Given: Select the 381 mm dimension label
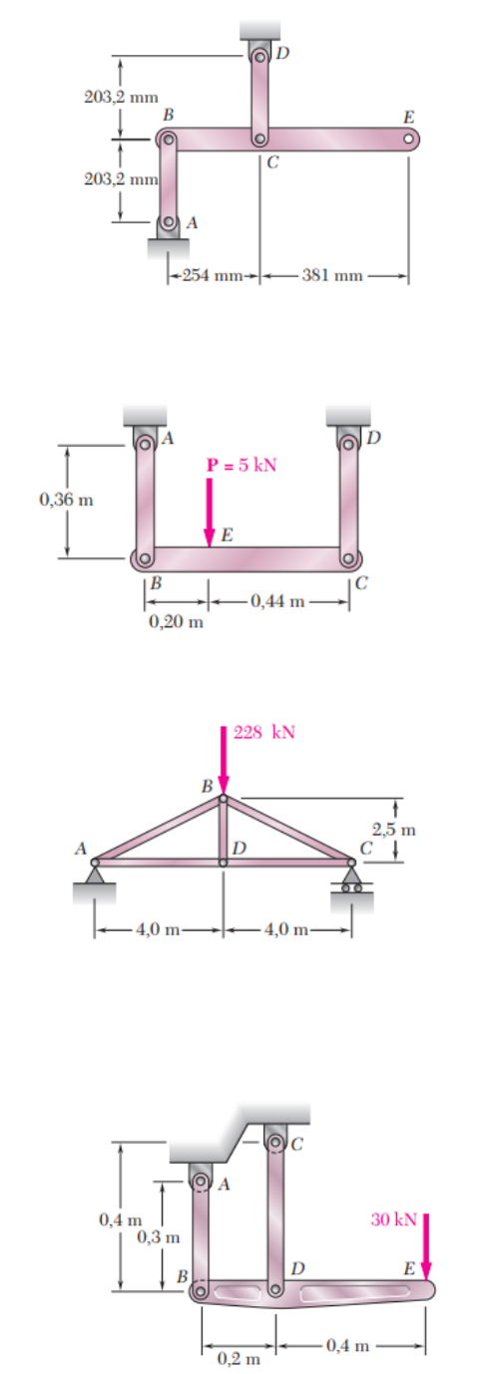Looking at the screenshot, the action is [332, 275].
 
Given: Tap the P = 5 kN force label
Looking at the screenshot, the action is [242, 465].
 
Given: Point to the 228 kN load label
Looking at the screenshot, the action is [264, 733].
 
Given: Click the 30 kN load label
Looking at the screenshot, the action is [394, 1219].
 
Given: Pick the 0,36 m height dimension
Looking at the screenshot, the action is [66, 500].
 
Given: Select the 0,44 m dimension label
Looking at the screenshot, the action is [277, 601].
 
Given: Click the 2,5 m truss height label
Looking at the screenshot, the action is [394, 830].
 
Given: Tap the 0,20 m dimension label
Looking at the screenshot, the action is [177, 622].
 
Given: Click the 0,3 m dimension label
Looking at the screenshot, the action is [159, 1237].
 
